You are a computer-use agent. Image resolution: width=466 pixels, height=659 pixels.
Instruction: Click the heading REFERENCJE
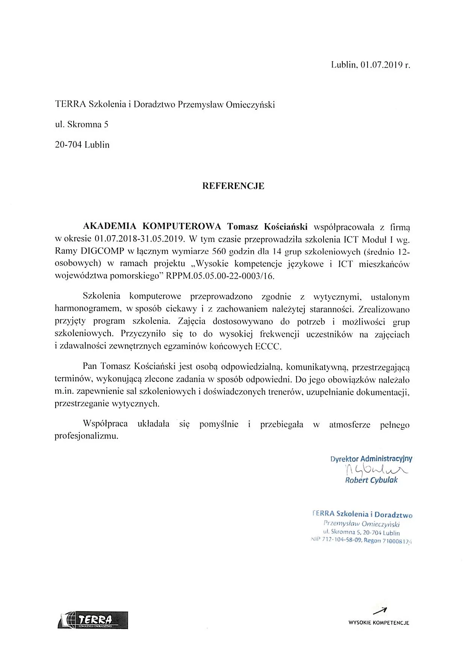(x=233, y=186)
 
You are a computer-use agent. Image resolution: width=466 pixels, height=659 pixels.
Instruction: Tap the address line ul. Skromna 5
(x=82, y=124)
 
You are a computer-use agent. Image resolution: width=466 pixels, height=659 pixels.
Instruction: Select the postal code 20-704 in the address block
(x=68, y=145)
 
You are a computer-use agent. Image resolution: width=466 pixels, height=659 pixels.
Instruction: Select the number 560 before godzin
(x=219, y=251)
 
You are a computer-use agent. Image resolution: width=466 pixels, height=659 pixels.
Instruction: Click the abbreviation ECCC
(x=268, y=346)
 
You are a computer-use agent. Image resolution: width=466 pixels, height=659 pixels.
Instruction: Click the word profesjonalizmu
(x=86, y=437)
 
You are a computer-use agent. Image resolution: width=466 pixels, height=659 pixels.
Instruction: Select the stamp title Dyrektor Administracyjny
(x=371, y=459)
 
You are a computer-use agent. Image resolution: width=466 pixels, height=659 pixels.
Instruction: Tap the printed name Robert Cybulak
(x=371, y=480)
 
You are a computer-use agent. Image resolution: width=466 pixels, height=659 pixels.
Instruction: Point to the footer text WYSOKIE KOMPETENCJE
(x=378, y=623)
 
